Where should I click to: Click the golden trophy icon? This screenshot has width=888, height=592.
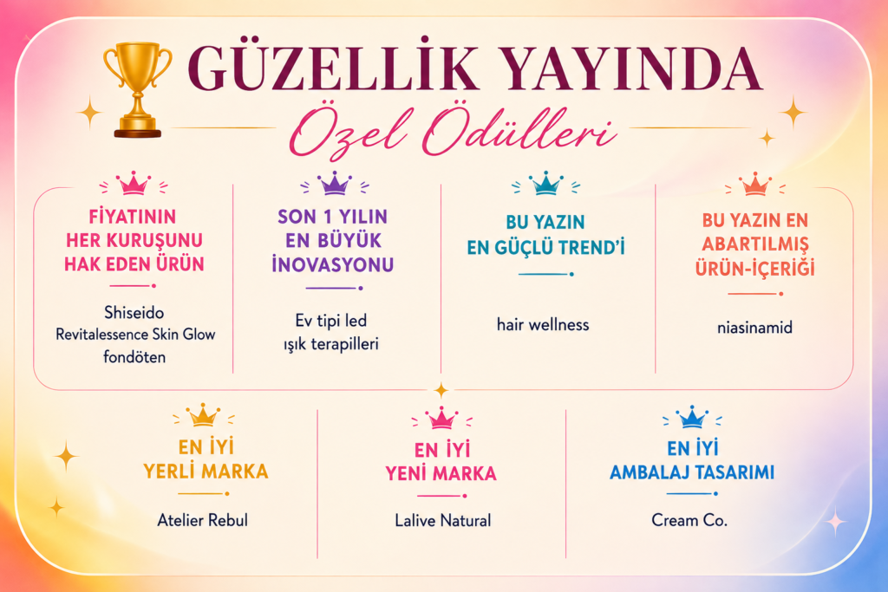[x=137, y=89]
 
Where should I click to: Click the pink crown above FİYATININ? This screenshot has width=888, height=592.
[x=134, y=184]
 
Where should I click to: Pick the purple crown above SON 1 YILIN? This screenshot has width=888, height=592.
[x=334, y=184]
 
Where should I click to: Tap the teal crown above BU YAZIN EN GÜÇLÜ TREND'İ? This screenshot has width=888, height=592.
[x=545, y=184]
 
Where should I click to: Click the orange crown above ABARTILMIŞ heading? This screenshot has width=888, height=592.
[x=755, y=185]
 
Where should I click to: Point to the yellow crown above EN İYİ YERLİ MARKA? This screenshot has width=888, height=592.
[x=203, y=415]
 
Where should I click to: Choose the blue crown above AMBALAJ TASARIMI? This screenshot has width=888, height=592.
[x=691, y=418]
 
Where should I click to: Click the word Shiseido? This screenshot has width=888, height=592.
[x=134, y=312]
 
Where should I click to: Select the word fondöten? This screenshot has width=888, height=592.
[x=134, y=356]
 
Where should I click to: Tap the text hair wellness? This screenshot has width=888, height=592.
[x=543, y=324]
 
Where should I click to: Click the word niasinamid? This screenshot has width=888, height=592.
[x=754, y=327]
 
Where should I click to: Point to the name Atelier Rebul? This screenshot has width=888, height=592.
[x=203, y=519]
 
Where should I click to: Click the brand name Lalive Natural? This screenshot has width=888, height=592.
[x=443, y=520]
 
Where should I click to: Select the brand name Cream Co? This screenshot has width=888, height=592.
[x=689, y=519]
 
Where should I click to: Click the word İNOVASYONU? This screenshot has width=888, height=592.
[x=332, y=264]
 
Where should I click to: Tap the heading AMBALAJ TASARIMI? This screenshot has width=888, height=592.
[x=692, y=472]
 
